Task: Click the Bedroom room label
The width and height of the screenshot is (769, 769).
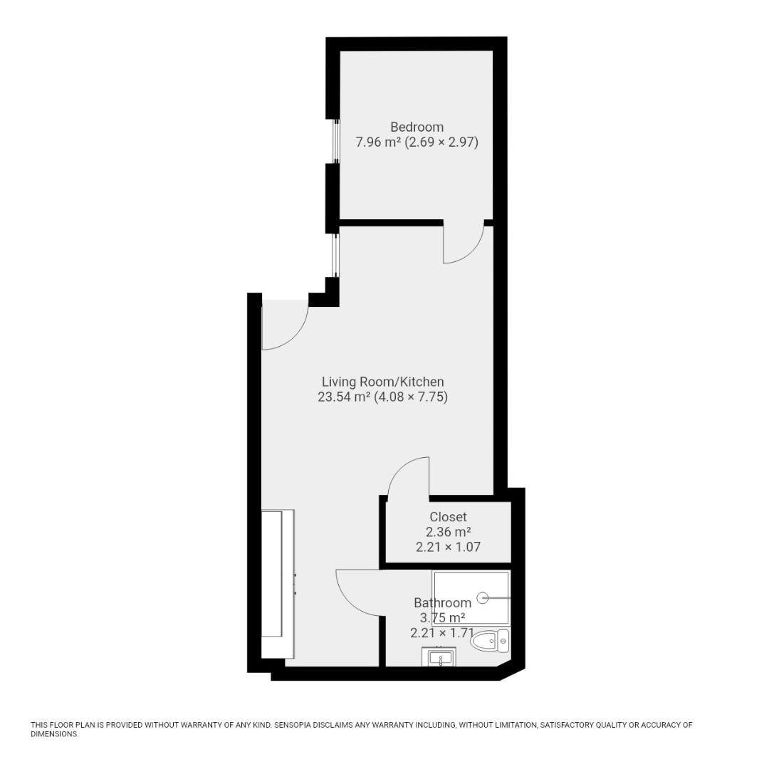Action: (417, 127)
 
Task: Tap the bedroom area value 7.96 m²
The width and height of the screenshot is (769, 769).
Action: (378, 142)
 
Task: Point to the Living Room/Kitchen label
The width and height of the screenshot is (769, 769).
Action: (382, 382)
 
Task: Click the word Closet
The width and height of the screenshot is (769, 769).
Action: (448, 517)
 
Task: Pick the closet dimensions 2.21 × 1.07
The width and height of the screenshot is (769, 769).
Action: (448, 548)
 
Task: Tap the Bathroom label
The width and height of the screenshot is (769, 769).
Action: (442, 603)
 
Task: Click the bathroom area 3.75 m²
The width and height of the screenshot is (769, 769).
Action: (442, 618)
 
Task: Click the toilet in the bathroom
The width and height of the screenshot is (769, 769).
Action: (490, 642)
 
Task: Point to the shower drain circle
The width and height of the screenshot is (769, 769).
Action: (483, 598)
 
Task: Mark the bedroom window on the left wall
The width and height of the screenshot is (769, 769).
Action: (336, 141)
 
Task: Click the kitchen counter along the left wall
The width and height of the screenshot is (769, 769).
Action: (278, 584)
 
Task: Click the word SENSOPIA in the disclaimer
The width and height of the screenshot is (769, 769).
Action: (298, 726)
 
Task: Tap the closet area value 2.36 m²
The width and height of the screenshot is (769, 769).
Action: (448, 532)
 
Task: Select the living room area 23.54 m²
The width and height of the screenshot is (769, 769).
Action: (344, 397)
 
